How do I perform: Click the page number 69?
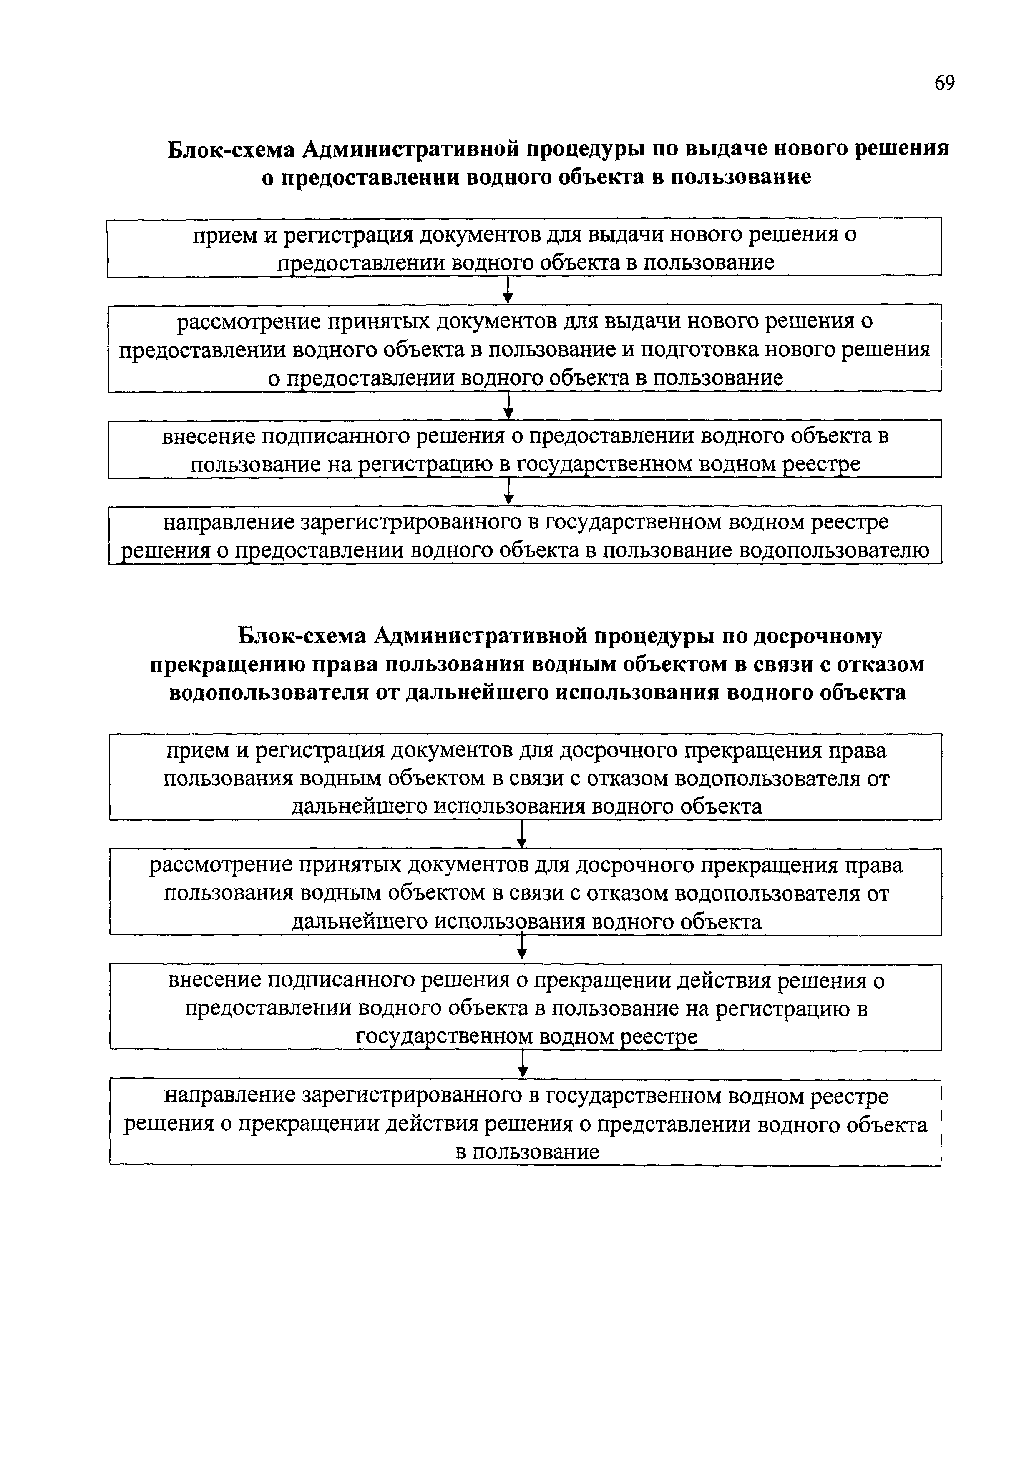(x=945, y=83)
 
